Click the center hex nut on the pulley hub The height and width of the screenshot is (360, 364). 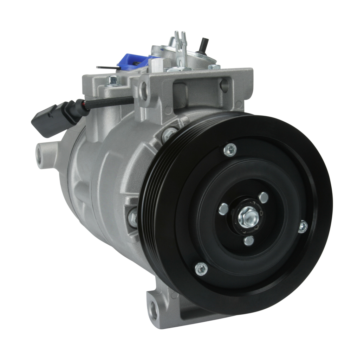point(248,217)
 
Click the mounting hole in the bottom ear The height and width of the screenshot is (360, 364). point(153,309)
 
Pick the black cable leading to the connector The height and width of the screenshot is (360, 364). point(109,102)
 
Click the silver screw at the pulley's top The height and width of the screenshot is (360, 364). point(230,150)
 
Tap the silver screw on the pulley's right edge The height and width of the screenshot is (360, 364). point(303,226)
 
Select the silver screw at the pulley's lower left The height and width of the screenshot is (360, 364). point(201,269)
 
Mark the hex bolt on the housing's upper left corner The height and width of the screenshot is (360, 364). point(112,81)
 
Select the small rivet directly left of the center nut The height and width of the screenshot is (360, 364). point(223,209)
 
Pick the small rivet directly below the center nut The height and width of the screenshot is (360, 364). point(249,240)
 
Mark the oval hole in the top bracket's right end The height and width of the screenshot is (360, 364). point(224,85)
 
